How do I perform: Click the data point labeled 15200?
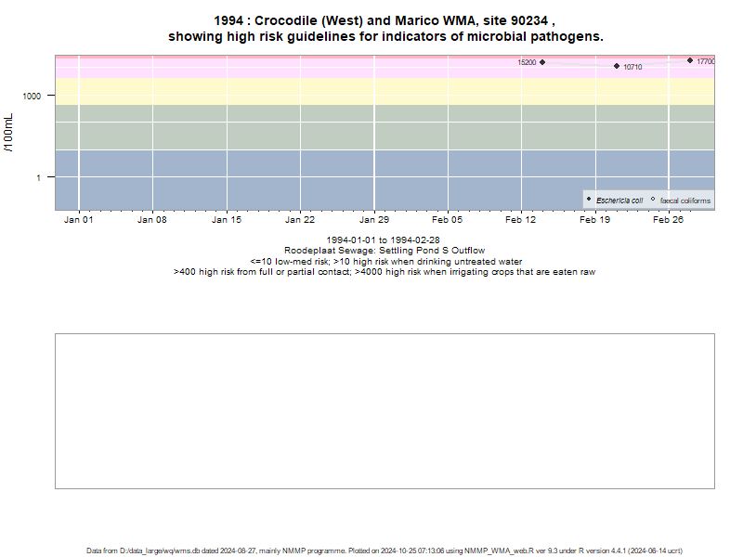pyautogui.click(x=542, y=62)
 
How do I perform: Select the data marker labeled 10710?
pyautogui.click(x=617, y=66)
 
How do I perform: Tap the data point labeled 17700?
pyautogui.click(x=690, y=60)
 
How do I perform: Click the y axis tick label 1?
pyautogui.click(x=38, y=178)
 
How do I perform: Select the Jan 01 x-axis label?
pyautogui.click(x=79, y=220)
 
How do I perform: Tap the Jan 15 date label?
pyautogui.click(x=227, y=220)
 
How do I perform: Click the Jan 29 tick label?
pyautogui.click(x=374, y=220)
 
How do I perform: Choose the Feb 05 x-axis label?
pyautogui.click(x=447, y=220)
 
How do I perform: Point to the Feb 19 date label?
pyautogui.click(x=594, y=220)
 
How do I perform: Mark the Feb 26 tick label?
pyautogui.click(x=668, y=220)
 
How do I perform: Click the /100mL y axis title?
pyautogui.click(x=8, y=133)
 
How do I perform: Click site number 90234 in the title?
pyautogui.click(x=528, y=20)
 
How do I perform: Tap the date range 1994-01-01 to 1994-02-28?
pyautogui.click(x=383, y=240)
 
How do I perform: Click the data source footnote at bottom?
pyautogui.click(x=385, y=551)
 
